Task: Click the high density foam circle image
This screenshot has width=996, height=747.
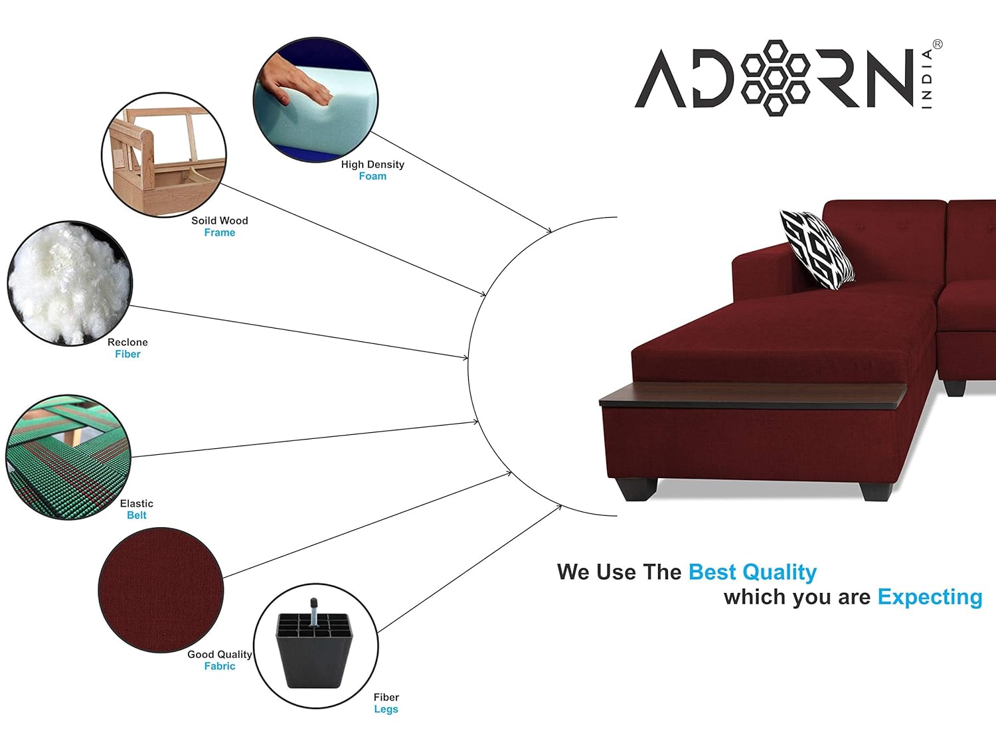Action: coord(315,100)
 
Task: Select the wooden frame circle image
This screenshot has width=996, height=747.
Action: coord(164,155)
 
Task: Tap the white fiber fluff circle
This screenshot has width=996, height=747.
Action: coord(70,284)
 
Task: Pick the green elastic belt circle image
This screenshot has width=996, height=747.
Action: coord(68,457)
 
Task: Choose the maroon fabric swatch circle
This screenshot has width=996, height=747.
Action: coord(161,590)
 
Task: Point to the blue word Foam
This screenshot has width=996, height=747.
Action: coord(373,176)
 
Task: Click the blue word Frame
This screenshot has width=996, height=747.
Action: coord(220,232)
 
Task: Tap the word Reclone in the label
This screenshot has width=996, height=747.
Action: coord(127,342)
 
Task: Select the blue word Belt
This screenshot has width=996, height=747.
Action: coord(137,515)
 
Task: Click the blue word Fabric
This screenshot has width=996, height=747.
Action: coord(220,666)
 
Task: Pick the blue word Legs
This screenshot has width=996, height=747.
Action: coord(386,709)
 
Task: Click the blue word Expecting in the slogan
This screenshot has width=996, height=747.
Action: coord(930,598)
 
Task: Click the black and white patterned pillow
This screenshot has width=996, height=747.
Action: coord(817,249)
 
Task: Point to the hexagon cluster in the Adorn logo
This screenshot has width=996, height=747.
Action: coord(775,78)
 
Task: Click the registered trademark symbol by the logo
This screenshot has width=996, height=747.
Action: coord(938,44)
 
